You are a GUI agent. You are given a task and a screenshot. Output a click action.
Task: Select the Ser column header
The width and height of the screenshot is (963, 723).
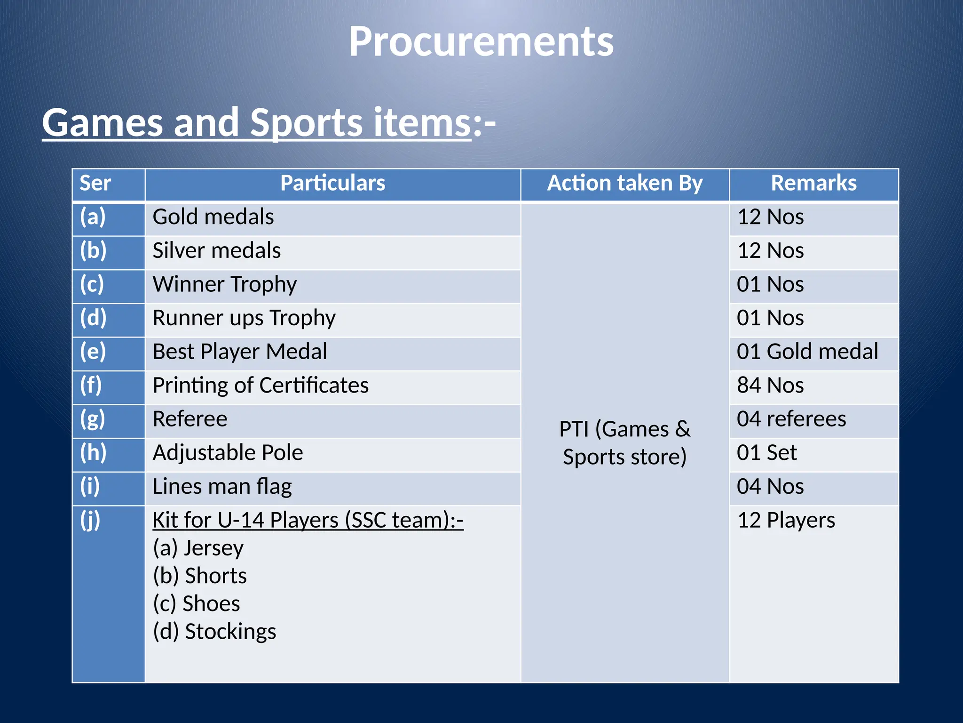coord(95,183)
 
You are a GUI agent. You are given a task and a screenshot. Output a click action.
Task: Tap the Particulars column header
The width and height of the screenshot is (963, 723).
coord(332,183)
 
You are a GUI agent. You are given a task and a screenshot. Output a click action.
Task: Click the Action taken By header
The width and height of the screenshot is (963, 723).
coord(624,183)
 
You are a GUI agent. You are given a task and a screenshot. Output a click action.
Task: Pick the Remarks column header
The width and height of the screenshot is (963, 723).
coord(813,183)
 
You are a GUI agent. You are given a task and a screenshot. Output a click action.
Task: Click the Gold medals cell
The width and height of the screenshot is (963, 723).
coord(213,217)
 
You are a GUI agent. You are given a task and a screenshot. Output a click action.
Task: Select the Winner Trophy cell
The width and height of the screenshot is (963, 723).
coord(225,284)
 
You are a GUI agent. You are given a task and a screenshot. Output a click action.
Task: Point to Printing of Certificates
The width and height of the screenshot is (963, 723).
coord(260,386)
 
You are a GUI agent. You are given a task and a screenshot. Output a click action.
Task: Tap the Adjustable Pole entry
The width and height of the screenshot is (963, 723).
coord(228,453)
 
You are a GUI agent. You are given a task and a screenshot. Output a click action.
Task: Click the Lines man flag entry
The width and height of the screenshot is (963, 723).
coord(222,487)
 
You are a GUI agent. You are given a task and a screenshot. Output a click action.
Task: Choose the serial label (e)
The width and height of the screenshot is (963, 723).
coord(93,352)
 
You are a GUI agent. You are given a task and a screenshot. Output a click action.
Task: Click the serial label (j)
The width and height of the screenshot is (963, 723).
coord(90,520)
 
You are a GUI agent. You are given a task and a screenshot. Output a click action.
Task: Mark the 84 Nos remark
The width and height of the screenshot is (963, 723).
coord(770,386)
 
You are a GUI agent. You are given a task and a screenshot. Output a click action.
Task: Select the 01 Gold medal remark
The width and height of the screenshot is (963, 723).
coord(807,352)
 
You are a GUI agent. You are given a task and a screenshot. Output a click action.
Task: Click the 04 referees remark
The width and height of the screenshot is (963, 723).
coord(791,419)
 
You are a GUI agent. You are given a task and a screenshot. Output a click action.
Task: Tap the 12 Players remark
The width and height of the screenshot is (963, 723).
coord(786,520)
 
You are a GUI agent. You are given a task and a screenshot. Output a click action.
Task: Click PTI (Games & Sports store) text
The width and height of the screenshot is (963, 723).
coord(624,442)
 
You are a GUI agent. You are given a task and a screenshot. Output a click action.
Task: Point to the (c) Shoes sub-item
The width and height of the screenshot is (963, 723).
coord(197,603)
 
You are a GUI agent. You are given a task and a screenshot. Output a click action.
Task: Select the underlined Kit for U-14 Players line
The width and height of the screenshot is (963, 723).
coord(308,520)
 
